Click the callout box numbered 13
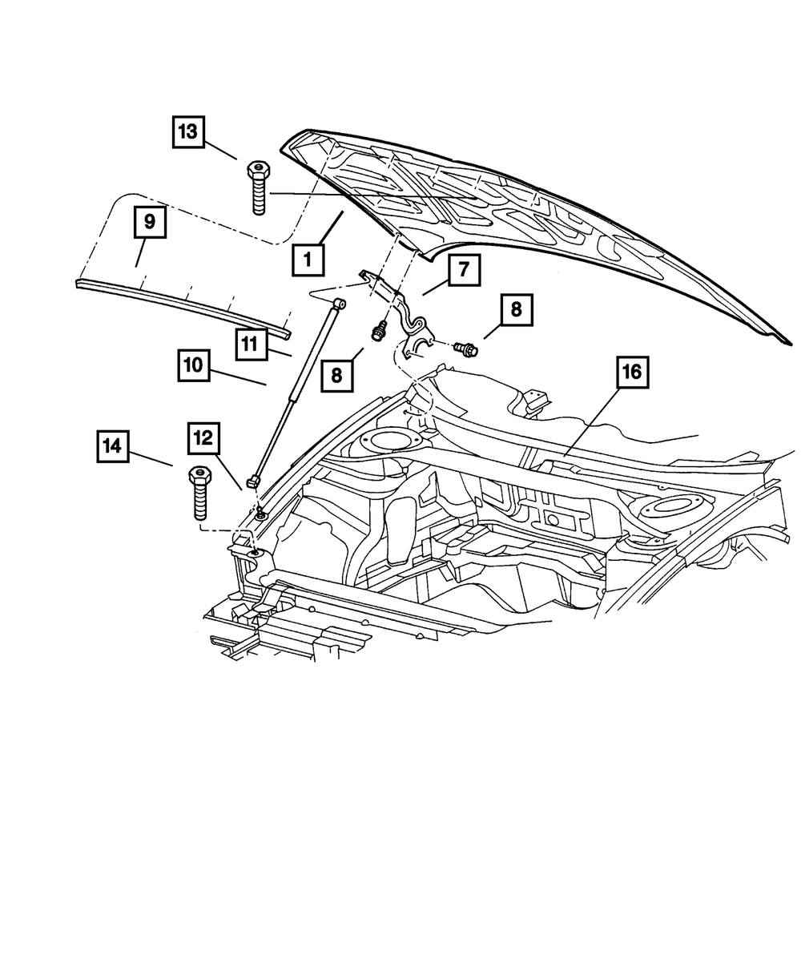click(x=187, y=132)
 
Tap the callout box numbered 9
click(x=150, y=219)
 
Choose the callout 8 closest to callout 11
click(x=337, y=375)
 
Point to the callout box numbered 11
click(x=252, y=345)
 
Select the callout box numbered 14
click(x=114, y=446)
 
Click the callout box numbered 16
click(x=633, y=372)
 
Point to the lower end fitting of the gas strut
click(x=255, y=481)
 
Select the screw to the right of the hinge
click(x=464, y=349)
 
